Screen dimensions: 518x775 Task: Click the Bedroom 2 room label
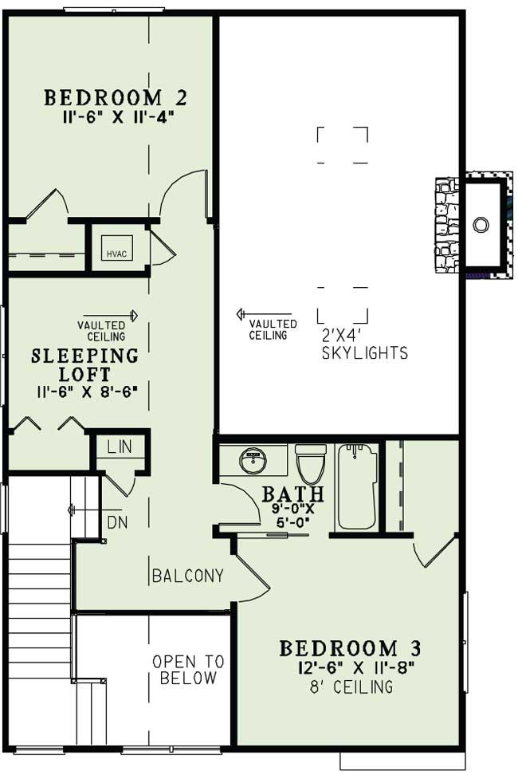116,98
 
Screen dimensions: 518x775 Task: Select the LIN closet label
120,447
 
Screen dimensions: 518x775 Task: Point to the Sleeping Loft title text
85,364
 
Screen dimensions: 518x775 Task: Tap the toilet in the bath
311,463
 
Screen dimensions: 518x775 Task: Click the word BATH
292,494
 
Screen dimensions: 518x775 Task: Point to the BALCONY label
187,576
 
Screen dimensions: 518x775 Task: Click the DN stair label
117,522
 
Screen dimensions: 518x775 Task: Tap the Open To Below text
188,669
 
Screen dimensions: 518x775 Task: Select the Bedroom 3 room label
350,648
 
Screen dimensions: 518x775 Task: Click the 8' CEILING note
351,686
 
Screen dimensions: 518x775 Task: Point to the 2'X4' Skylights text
365,344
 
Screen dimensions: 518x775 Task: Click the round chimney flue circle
481,225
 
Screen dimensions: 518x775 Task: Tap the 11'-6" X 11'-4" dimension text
119,118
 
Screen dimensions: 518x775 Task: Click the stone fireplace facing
446,224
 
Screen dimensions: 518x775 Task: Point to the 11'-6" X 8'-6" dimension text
86,392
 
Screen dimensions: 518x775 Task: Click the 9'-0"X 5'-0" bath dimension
292,515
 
